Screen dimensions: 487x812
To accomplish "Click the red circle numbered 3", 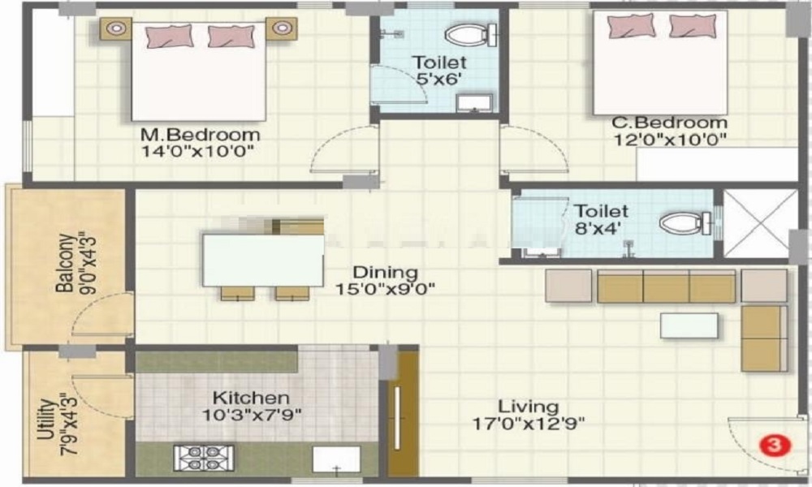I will coord(774,445).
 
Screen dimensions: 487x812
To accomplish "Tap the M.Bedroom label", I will coord(201,134).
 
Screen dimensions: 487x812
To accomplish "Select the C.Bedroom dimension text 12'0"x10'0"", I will coord(670,139).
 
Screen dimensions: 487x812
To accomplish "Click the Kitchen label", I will coord(251,398).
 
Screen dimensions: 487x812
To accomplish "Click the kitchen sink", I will coord(337,459).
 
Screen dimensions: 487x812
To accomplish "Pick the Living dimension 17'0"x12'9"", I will coord(529,423).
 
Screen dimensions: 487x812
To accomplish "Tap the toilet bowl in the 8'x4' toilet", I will coord(680,222).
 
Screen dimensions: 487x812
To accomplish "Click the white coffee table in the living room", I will coord(689,325).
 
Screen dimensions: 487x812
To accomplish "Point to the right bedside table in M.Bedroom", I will coord(281,29).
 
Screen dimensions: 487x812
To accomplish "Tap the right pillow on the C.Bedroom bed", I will coord(693,27).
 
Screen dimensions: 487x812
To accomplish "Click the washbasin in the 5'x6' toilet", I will coord(474,101).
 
